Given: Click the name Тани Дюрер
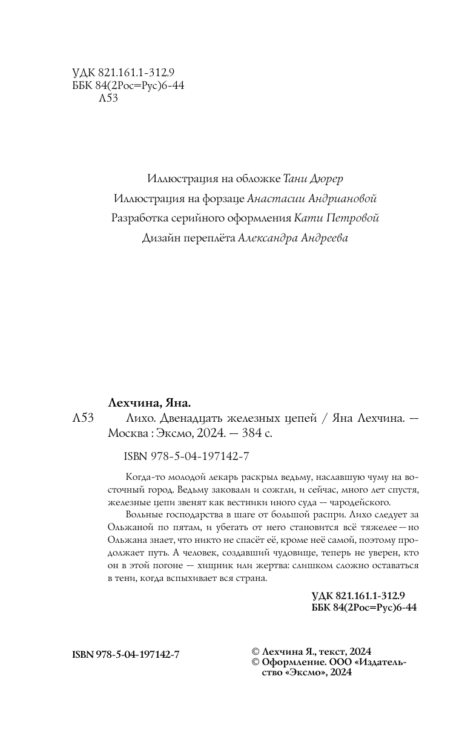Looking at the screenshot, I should tap(316, 180).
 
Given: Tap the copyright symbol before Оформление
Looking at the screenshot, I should tap(255, 663).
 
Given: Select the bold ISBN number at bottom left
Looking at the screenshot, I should tap(125, 655).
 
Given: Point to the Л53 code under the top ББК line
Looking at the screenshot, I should tap(107, 99).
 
